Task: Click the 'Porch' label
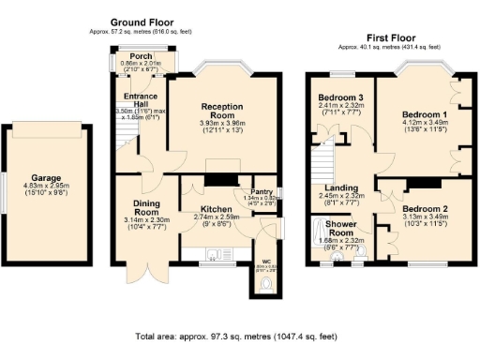pyautogui.click(x=142, y=55)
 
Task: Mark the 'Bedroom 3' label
pyautogui.click(x=339, y=97)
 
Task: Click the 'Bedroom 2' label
pyautogui.click(x=419, y=209)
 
